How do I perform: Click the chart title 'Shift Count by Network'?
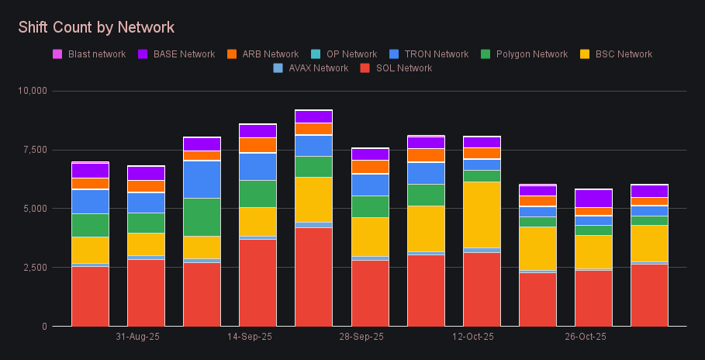tap(96, 27)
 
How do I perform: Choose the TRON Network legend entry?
tap(431, 54)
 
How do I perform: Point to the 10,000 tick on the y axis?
tap(33, 91)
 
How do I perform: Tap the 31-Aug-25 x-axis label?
tap(138, 337)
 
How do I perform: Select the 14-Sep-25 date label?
tap(250, 337)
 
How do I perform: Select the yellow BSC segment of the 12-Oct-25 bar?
tap(482, 215)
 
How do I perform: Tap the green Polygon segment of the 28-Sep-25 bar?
tap(370, 206)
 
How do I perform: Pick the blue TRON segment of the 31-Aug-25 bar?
tap(146, 202)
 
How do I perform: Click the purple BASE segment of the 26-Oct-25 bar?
tap(593, 198)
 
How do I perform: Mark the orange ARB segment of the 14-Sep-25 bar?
tap(257, 144)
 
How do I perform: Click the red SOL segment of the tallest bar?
tap(313, 277)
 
